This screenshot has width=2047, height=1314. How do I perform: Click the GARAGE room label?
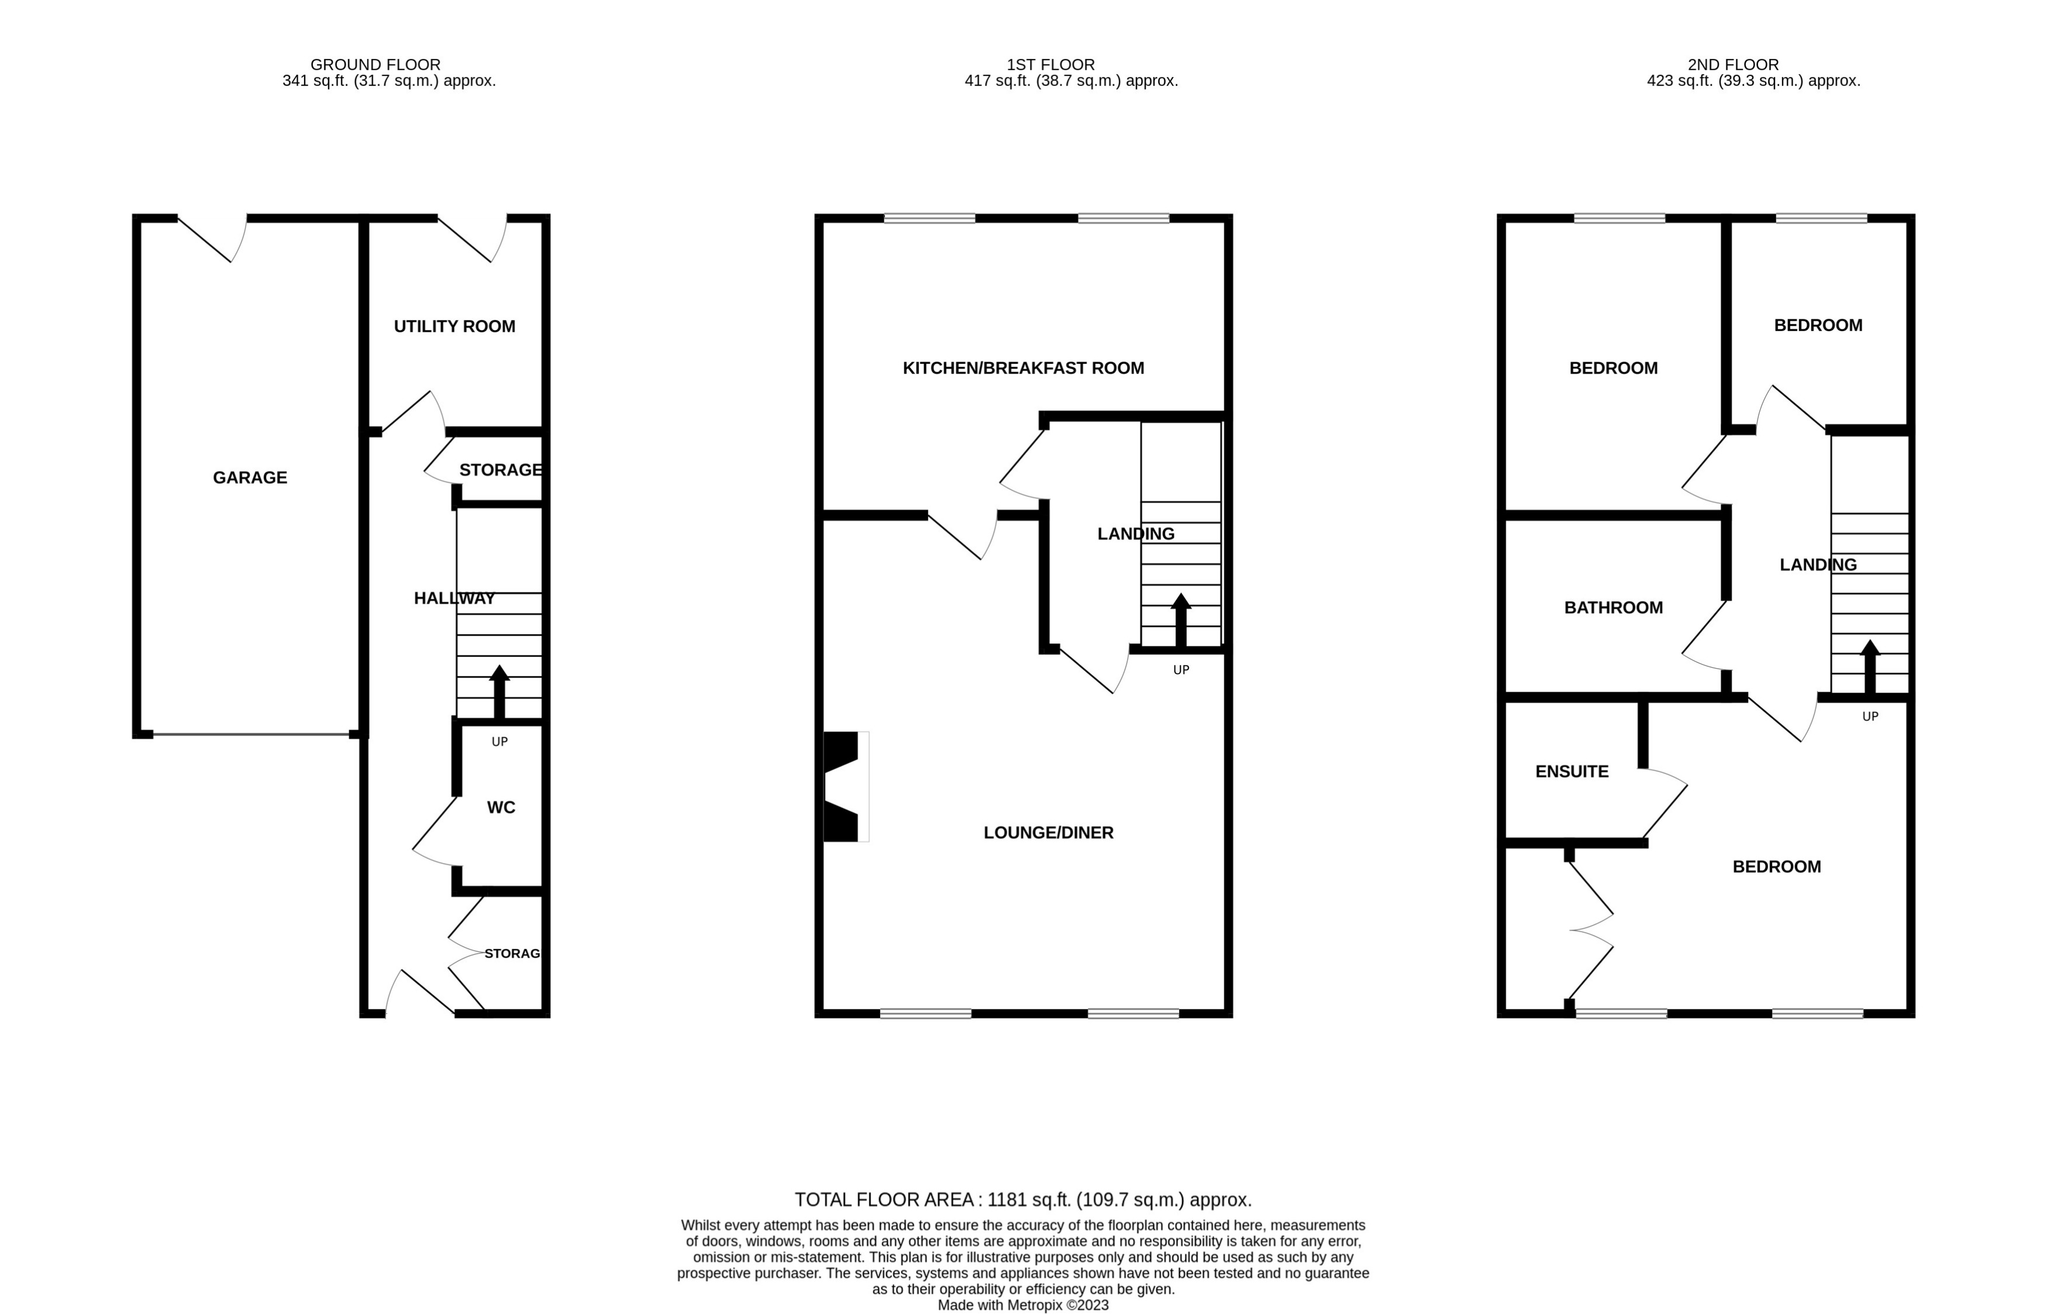pos(250,478)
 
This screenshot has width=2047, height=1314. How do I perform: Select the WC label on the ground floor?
pos(501,807)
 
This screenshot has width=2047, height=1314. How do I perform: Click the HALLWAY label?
pos(454,598)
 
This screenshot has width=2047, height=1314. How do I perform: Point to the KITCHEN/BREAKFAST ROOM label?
pos(1023,368)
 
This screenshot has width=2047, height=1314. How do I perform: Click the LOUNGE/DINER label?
pos(1048,833)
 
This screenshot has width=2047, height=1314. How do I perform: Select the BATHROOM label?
pos(1613,607)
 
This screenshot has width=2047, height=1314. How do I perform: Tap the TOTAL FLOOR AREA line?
pos(1023,1200)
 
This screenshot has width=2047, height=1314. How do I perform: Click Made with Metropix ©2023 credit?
pos(1023,1305)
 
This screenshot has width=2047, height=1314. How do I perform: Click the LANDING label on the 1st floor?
pos(1135,534)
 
